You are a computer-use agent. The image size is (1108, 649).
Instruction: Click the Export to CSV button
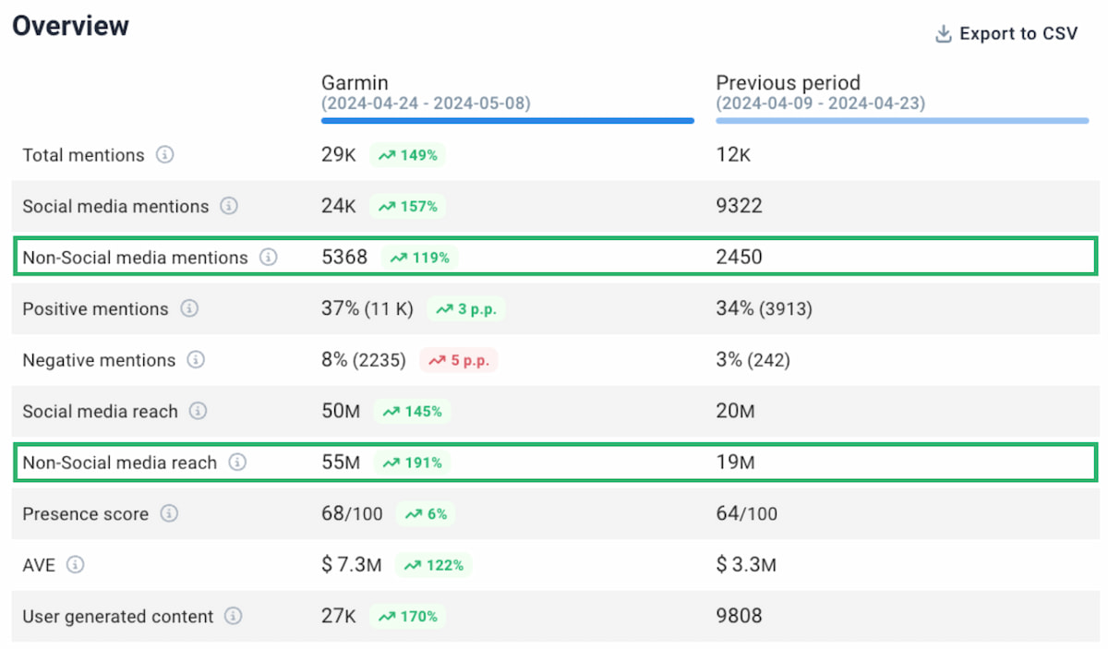point(1006,34)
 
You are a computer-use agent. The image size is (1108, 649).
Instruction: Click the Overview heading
point(70,26)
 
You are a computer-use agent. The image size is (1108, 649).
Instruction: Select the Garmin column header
point(355,83)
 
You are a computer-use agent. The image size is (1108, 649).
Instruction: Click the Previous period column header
point(788,83)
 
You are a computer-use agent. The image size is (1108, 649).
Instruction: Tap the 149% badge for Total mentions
point(407,155)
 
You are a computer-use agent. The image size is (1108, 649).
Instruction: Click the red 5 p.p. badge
point(459,361)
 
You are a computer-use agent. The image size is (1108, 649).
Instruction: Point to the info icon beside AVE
point(76,565)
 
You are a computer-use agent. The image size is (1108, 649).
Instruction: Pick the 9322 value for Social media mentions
point(739,206)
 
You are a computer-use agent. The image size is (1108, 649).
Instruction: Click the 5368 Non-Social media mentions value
point(344,258)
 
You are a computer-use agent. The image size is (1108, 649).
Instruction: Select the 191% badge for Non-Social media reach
point(412,463)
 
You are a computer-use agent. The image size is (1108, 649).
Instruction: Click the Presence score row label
point(85,514)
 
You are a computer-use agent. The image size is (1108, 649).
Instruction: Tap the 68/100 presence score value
point(352,513)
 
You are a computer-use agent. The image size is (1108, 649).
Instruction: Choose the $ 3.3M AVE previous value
point(746,565)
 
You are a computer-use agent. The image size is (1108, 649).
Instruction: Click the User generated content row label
point(117,617)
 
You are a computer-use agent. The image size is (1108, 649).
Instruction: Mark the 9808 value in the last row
point(739,616)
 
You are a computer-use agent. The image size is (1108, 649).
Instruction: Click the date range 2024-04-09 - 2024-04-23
point(820,103)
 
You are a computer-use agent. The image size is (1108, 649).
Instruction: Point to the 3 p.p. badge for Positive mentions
point(465,309)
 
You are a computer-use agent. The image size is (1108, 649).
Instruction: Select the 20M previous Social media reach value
point(735,412)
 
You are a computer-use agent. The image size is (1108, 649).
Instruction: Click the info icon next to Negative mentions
point(196,360)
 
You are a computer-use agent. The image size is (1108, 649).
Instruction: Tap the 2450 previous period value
point(739,258)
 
